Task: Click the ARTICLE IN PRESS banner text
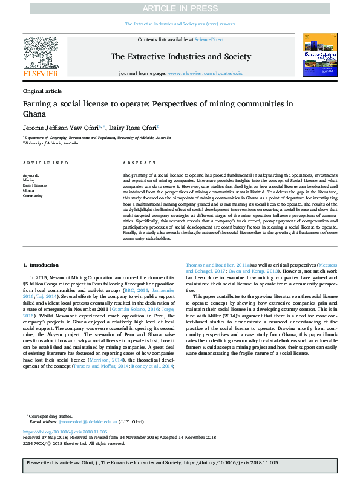180,8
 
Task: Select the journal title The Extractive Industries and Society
180,57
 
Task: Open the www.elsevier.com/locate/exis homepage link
214,73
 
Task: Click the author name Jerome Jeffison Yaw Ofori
62,128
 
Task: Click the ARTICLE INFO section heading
46,163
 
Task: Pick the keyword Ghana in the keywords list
28,191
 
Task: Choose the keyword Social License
34,186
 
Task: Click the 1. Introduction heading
41,265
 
